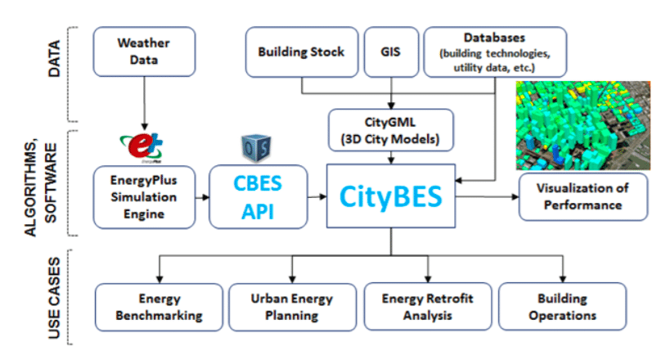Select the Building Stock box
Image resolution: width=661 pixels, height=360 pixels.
coord(301,52)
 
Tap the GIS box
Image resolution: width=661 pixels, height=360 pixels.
coord(391,52)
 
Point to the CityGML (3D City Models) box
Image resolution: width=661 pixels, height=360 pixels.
coord(391,130)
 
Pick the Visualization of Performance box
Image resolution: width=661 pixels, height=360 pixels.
coord(582,196)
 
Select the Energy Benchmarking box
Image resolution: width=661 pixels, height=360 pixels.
coord(159,306)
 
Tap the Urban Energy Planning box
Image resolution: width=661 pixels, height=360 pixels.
coord(291,306)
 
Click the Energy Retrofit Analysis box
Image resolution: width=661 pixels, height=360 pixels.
coord(428,306)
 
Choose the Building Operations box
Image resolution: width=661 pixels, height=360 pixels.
coord(561,306)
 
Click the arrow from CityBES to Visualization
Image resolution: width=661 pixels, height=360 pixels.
coord(487,197)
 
